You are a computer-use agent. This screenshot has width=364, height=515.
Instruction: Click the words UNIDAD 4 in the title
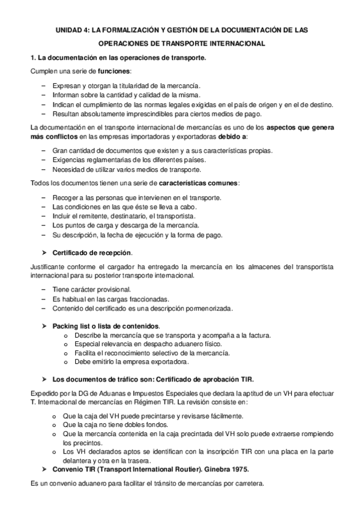click(74, 29)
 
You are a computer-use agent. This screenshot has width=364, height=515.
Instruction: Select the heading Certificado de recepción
click(92, 252)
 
